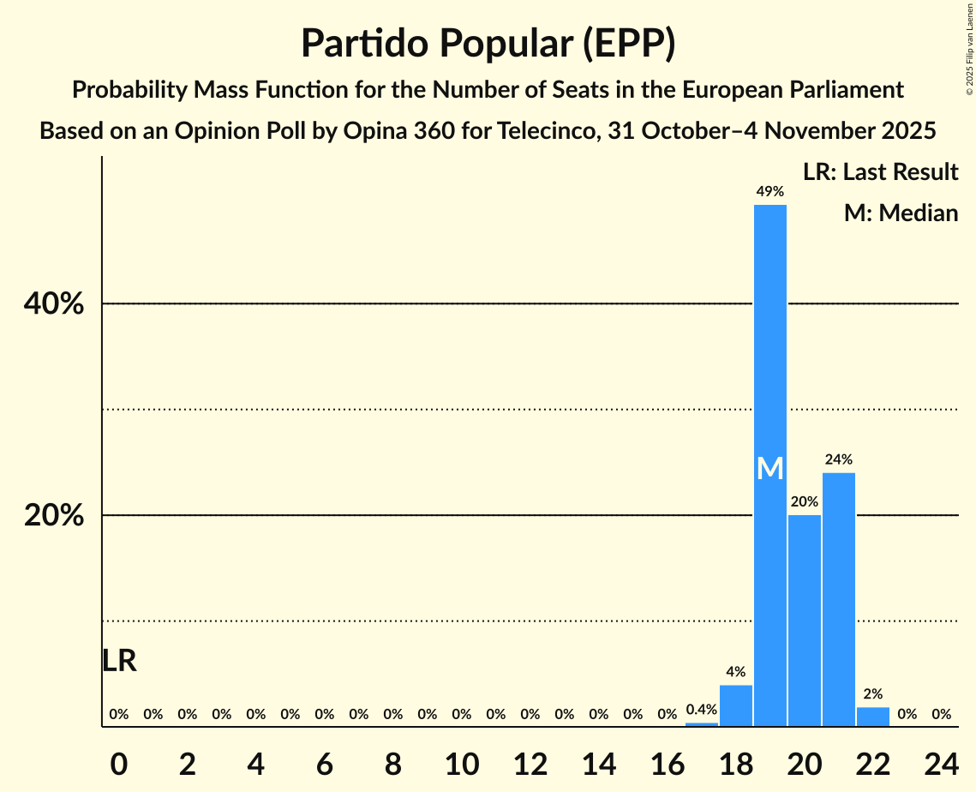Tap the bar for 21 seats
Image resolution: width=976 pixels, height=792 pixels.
pyautogui.click(x=838, y=600)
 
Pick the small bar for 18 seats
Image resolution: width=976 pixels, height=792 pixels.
pyautogui.click(x=735, y=705)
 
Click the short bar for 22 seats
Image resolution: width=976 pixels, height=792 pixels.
pyautogui.click(x=872, y=717)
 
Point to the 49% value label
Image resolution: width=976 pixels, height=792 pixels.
pyautogui.click(x=769, y=192)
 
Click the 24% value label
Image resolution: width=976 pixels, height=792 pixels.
pyautogui.click(x=838, y=459)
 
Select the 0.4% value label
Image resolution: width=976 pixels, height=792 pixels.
pyautogui.click(x=701, y=710)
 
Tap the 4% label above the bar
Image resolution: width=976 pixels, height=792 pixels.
pyautogui.click(x=735, y=672)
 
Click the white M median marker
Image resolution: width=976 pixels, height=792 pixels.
pyautogui.click(x=770, y=468)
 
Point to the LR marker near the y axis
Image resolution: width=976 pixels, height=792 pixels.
pyautogui.click(x=119, y=661)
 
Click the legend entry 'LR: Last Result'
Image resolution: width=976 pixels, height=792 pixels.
pyautogui.click(x=880, y=172)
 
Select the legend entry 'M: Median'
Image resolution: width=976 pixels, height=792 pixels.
pyautogui.click(x=901, y=213)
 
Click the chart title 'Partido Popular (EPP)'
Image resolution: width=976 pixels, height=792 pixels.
pyautogui.click(x=488, y=43)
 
